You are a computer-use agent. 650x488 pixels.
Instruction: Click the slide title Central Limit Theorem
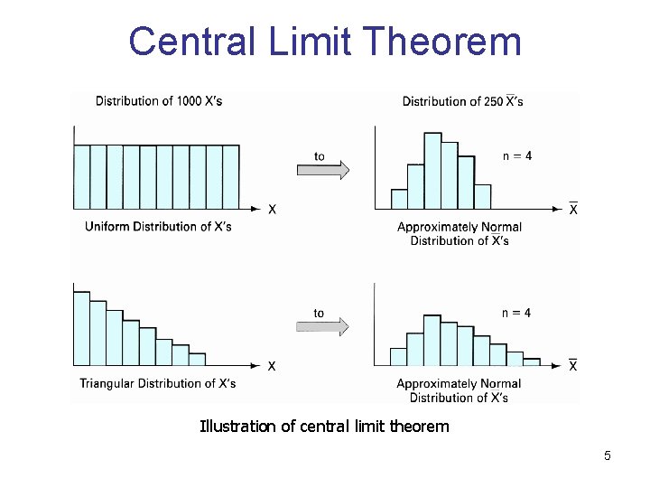(x=325, y=42)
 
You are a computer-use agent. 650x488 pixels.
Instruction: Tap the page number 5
(x=608, y=455)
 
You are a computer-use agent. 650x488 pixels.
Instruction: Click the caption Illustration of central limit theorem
(x=324, y=426)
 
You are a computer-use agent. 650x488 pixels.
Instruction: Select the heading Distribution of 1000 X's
(x=159, y=100)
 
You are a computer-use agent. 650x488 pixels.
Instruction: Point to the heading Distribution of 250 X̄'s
(x=462, y=101)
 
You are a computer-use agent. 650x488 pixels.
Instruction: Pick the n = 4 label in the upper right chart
(x=516, y=155)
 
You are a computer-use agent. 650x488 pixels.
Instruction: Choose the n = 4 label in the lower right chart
(x=516, y=313)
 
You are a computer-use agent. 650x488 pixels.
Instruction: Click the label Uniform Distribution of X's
(x=158, y=226)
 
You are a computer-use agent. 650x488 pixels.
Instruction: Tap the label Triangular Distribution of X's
(x=158, y=383)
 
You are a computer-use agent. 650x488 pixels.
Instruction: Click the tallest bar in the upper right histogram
(x=432, y=172)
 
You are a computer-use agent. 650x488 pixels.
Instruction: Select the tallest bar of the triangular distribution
(x=81, y=329)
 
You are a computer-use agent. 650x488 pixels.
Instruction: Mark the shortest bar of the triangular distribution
(x=197, y=359)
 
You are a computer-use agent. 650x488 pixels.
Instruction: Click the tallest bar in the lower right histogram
(x=432, y=340)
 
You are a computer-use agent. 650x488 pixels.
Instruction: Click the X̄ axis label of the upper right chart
(x=573, y=209)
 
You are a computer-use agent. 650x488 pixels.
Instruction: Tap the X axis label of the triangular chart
(x=271, y=366)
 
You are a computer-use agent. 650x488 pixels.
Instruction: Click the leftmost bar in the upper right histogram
(x=399, y=199)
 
